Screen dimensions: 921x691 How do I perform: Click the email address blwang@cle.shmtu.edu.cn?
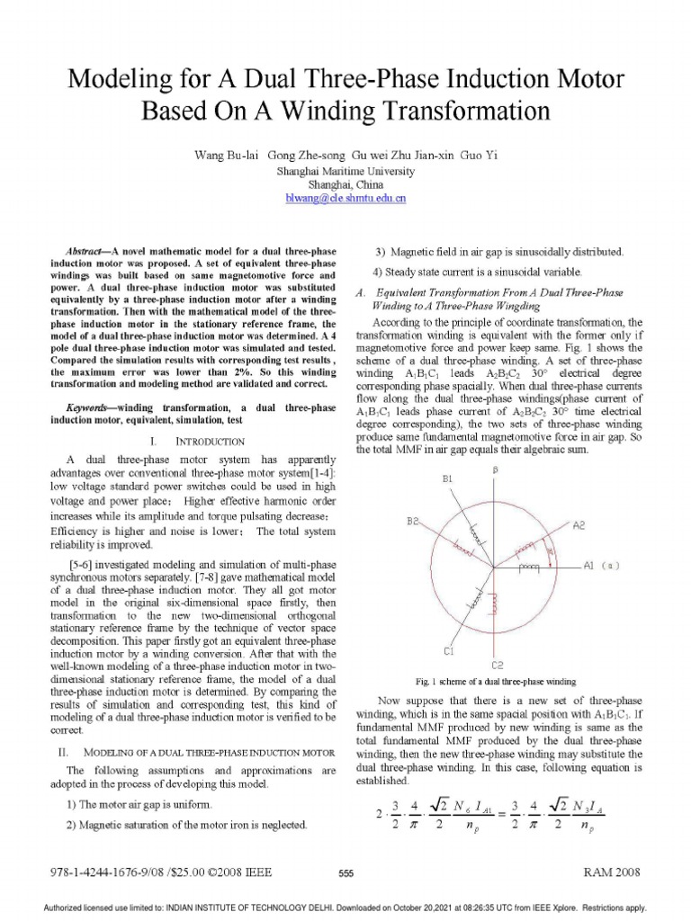[x=345, y=196]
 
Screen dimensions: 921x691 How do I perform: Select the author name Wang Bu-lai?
[x=226, y=155]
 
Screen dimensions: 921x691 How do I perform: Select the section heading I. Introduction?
[x=196, y=442]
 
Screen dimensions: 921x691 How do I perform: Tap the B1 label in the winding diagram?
[x=447, y=480]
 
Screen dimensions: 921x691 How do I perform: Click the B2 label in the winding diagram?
[x=413, y=521]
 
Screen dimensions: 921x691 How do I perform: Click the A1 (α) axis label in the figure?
[x=598, y=566]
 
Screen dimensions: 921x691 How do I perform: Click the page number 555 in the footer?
[x=345, y=873]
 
